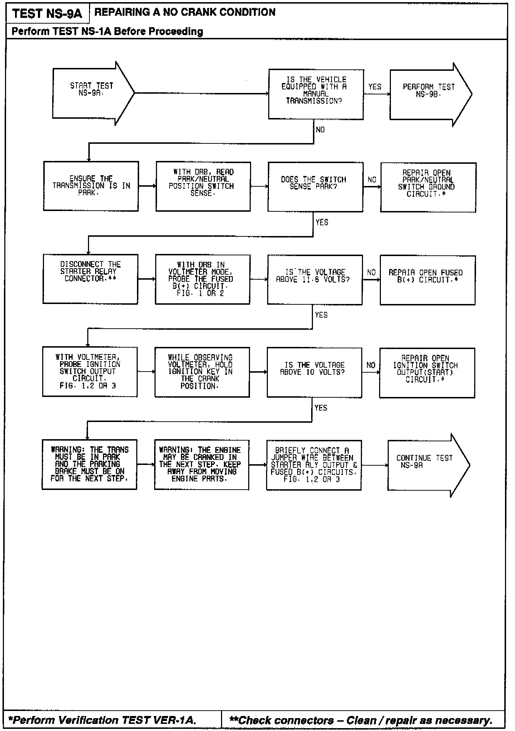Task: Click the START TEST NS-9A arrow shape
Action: coord(91,93)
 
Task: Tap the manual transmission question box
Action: coord(316,94)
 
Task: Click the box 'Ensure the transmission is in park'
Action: coord(91,186)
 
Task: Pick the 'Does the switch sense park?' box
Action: coord(315,187)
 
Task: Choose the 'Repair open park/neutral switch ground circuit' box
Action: coord(428,187)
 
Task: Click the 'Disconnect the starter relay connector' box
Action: coord(90,279)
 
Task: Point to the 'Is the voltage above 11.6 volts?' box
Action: coord(315,280)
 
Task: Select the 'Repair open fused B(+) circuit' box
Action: coord(427,280)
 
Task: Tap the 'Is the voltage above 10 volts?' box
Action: coord(314,372)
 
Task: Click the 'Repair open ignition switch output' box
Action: coord(427,373)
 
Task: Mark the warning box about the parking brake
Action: coord(89,464)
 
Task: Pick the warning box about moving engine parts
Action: coord(201,465)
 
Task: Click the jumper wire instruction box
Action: coord(314,465)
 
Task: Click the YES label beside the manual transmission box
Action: coord(375,87)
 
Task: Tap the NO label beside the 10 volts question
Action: coord(371,365)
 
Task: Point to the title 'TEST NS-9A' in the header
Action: coord(47,14)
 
